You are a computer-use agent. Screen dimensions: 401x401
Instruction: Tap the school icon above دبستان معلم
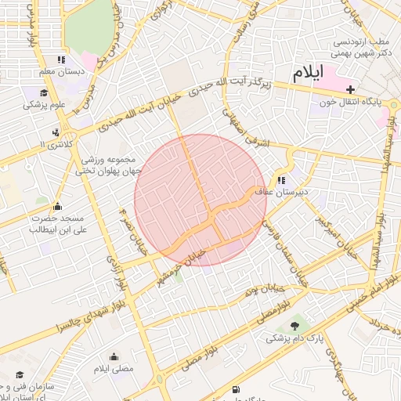pyautogui.click(x=60, y=60)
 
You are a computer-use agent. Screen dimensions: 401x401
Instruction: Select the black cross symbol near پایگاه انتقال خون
pyautogui.click(x=350, y=89)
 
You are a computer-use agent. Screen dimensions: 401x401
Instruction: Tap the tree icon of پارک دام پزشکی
pyautogui.click(x=294, y=326)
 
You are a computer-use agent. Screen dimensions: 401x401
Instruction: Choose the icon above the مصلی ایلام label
pyautogui.click(x=114, y=356)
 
